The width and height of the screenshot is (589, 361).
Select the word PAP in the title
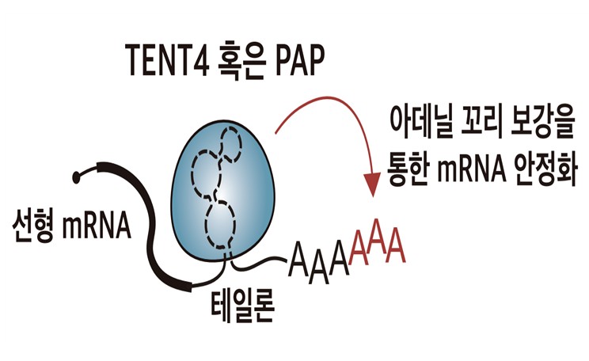300,60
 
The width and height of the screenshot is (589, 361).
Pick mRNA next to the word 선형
97,226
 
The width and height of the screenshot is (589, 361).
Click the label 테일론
243,306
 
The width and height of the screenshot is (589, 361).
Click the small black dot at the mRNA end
77,177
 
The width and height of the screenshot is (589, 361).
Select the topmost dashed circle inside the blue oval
230,144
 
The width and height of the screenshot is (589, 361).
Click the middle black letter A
318,268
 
